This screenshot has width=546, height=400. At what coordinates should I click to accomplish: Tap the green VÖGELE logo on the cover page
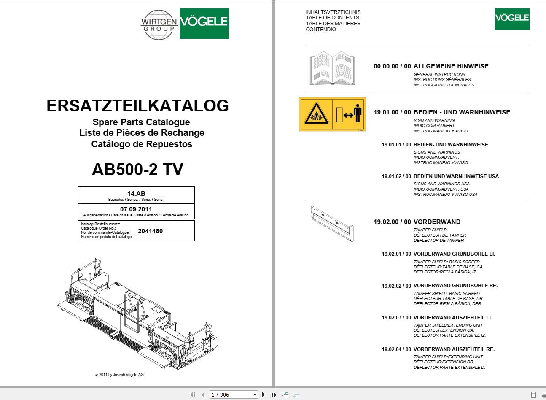point(204,24)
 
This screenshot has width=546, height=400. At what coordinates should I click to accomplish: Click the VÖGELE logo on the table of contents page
point(511,19)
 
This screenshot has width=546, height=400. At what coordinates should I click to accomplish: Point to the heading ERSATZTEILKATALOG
point(137,105)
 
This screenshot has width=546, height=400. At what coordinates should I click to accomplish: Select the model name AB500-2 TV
point(137,169)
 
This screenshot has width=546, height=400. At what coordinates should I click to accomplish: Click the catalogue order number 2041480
point(150,231)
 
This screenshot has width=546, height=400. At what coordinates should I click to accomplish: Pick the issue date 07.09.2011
point(136,209)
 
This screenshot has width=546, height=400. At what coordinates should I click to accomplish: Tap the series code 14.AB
point(136,193)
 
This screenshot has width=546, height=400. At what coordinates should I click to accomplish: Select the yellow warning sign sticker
point(332,114)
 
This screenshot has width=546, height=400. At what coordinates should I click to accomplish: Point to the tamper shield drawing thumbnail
point(332,223)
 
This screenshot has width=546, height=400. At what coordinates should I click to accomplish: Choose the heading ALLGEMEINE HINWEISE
point(451,66)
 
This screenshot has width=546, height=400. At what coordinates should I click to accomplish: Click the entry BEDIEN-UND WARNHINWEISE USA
point(456,176)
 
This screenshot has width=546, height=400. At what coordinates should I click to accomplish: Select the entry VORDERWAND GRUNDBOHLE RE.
point(455,286)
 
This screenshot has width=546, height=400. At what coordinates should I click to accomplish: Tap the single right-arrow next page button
point(264,395)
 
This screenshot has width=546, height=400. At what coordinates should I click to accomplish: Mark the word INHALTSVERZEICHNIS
point(333,12)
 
